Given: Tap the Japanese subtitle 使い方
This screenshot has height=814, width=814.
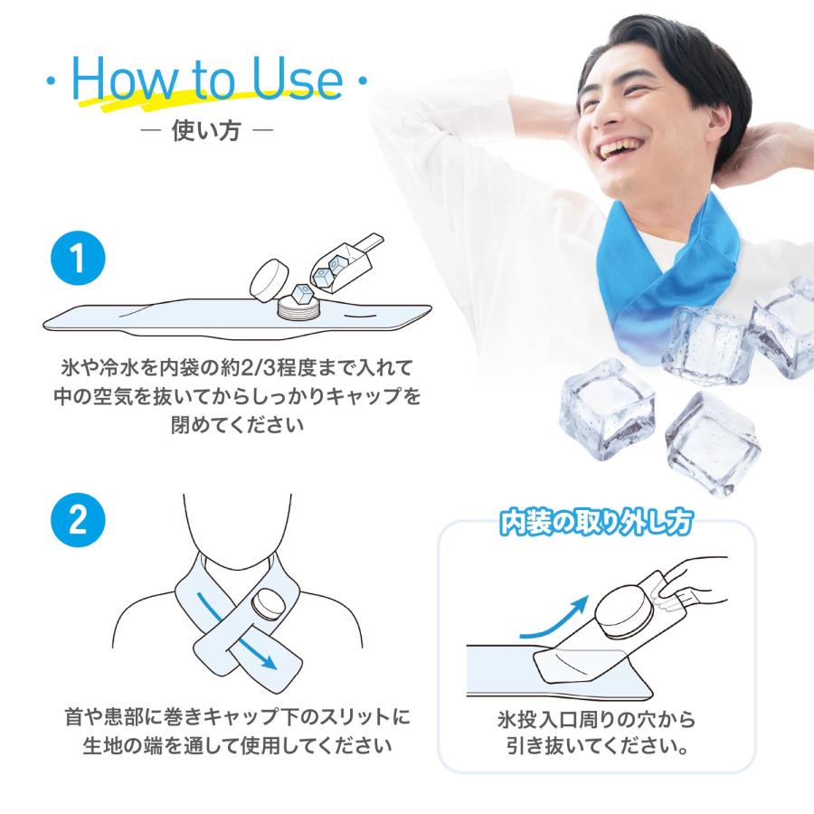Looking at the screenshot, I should tap(205, 132).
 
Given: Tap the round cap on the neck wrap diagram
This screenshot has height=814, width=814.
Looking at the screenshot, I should tap(269, 602).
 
